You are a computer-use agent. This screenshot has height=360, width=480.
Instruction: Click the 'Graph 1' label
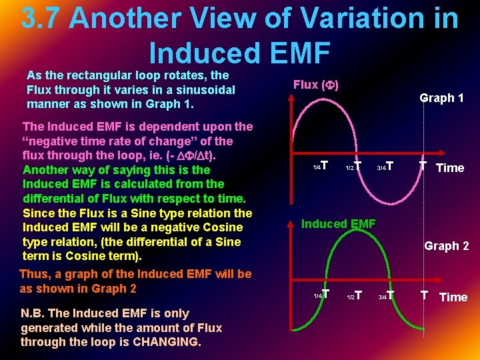point(441,98)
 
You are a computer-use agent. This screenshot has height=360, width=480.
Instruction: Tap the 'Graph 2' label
point(446,246)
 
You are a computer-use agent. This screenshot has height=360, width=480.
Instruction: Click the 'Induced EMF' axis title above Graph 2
point(338,224)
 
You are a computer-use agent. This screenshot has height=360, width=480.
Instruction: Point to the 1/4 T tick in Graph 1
point(321,165)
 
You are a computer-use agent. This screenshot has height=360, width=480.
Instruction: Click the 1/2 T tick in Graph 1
point(353,166)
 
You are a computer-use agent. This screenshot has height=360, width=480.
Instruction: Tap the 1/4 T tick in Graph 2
point(321,295)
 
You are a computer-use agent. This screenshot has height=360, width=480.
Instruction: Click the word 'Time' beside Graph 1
point(449,168)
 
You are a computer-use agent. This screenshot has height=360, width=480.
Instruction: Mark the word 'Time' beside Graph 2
point(453,297)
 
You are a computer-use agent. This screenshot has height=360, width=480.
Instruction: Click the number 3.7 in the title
point(42,19)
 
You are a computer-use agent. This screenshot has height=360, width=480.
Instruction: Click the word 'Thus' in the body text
point(35,274)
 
